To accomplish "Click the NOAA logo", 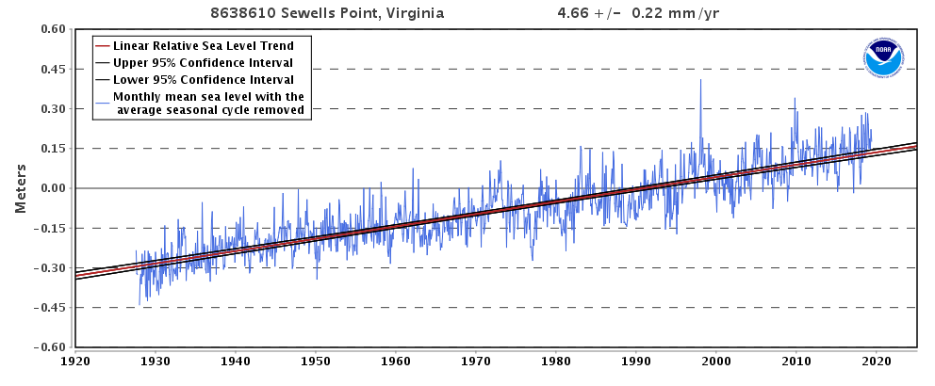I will (x=883, y=57).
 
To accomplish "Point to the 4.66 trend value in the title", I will (x=572, y=14).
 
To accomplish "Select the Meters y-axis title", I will (x=21, y=188).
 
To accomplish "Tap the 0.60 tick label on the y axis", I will (x=52, y=29).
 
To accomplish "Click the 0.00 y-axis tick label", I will (x=52, y=188).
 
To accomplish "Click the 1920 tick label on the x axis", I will (x=75, y=361).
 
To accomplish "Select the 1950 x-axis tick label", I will (x=316, y=361).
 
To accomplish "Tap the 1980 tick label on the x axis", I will (x=556, y=361).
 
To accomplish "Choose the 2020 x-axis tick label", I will (x=877, y=361).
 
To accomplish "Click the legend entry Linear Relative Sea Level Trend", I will (x=203, y=45).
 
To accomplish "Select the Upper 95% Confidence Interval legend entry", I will (x=203, y=62).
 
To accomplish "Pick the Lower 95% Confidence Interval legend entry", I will (x=203, y=79).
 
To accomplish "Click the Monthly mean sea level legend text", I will (x=208, y=103).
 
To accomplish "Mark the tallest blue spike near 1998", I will (x=700, y=81).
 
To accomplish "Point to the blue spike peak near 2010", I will (x=795, y=99).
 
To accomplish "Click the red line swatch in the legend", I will (x=102, y=45).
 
